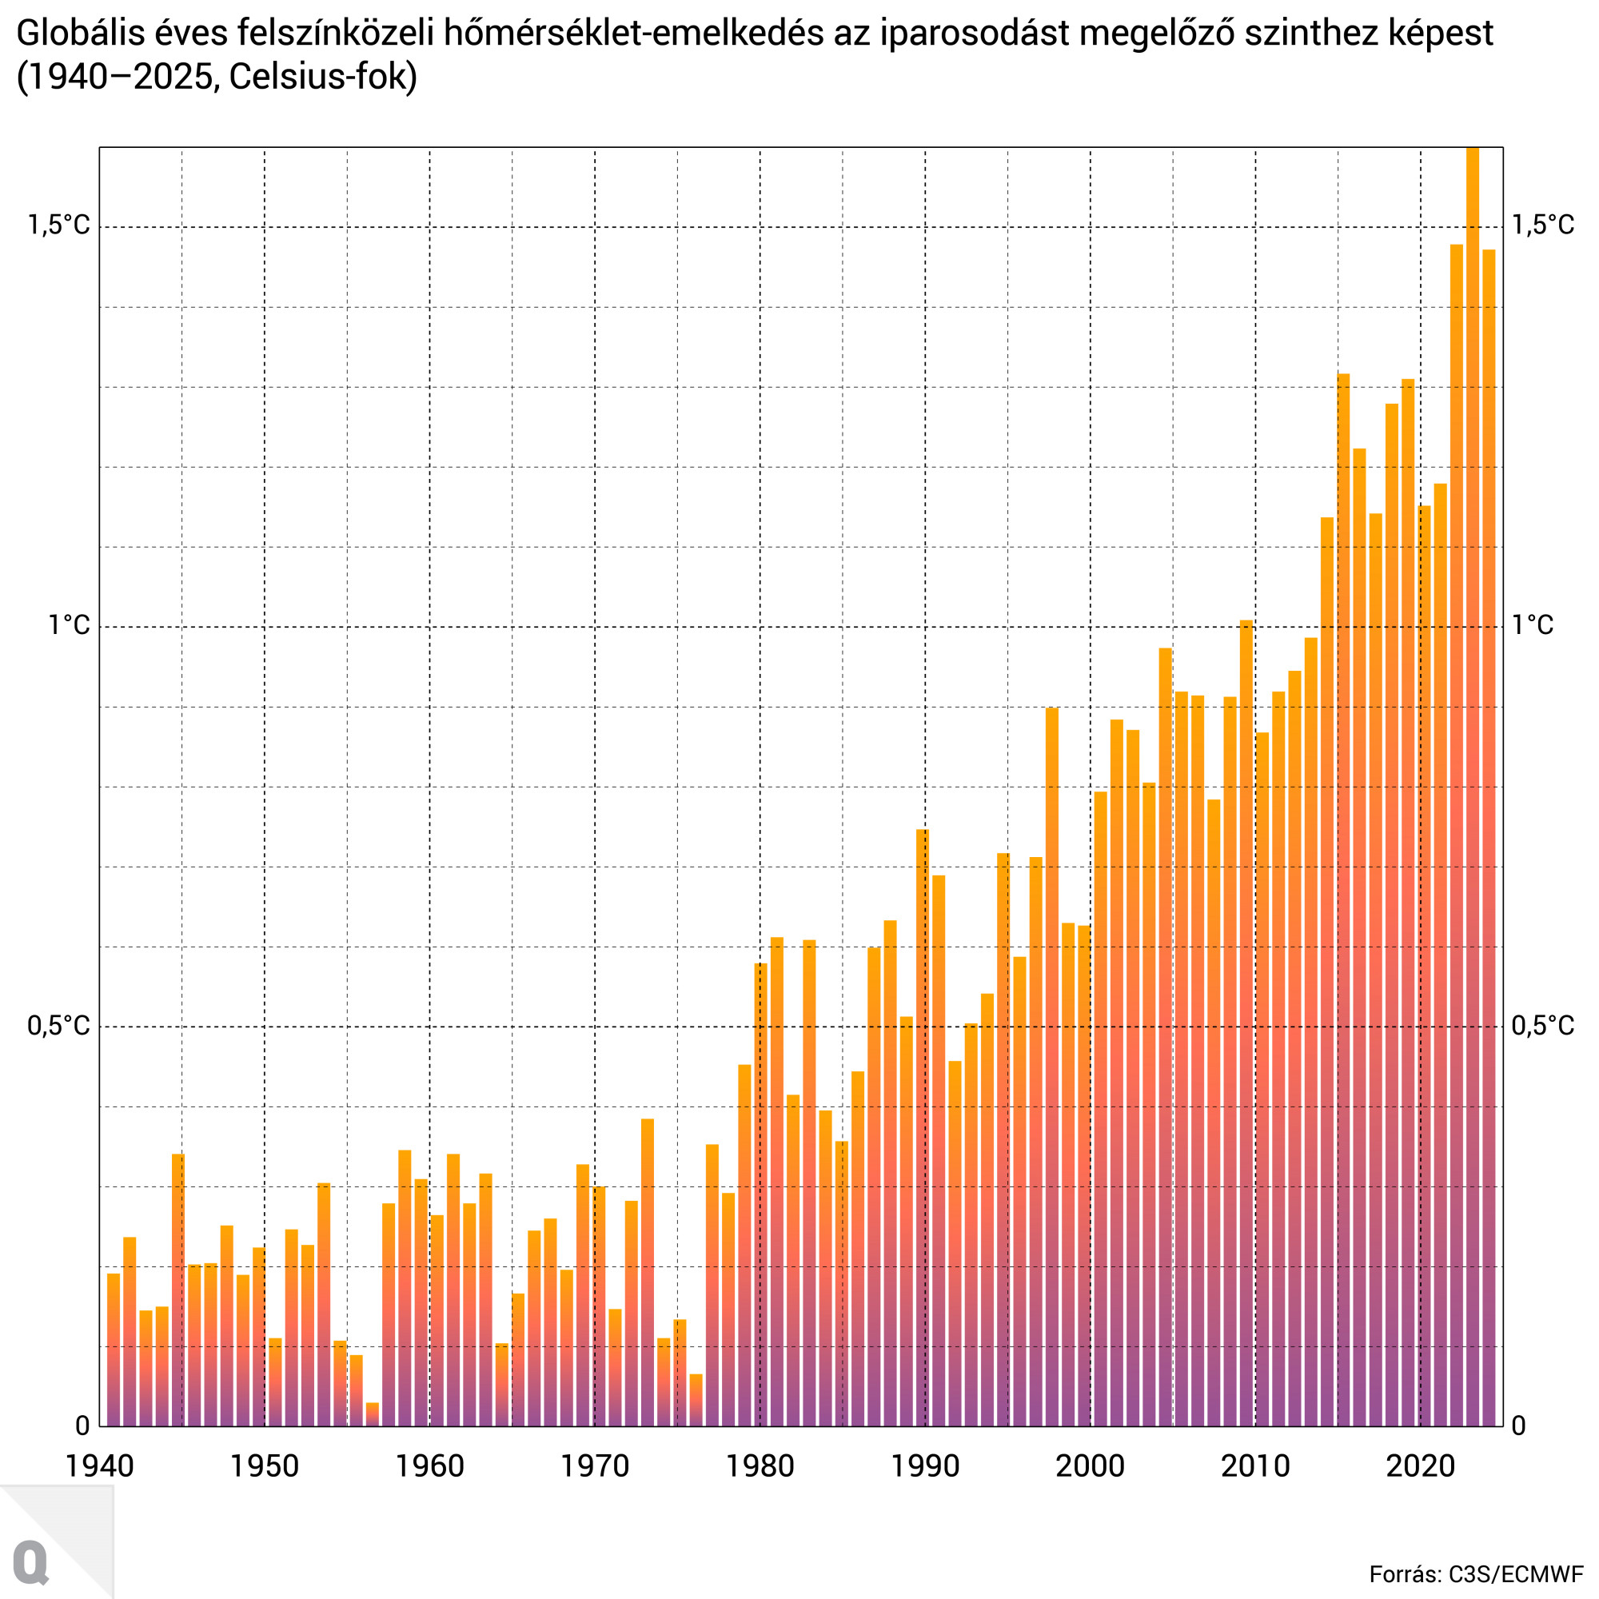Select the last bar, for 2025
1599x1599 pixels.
click(x=1489, y=827)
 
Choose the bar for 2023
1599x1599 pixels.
click(x=1457, y=827)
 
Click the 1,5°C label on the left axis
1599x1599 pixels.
click(x=58, y=225)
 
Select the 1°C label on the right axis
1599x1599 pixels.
click(x=1532, y=625)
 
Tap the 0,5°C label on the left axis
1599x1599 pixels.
click(x=58, y=1026)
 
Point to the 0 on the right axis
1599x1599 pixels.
click(x=1519, y=1426)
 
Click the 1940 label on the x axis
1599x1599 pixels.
click(x=99, y=1465)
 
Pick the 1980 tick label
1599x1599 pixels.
click(x=760, y=1465)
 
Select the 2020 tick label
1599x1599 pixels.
click(x=1420, y=1465)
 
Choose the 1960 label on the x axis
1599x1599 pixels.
click(x=429, y=1465)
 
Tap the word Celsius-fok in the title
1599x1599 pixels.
click(x=323, y=78)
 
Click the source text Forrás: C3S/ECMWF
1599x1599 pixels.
click(x=1476, y=1574)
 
